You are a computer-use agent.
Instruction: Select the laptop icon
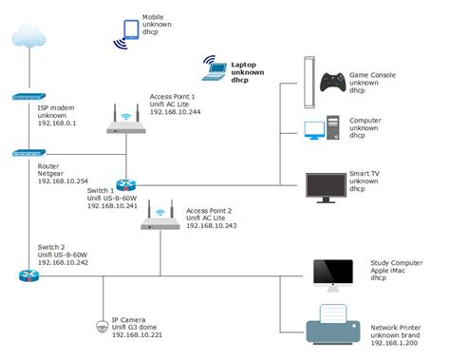coord(212,66)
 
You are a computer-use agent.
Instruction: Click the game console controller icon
coord(333,83)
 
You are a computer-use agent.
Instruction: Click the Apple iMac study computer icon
coord(332,275)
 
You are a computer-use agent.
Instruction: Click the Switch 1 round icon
coord(127,185)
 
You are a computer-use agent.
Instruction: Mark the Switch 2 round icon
coord(27,275)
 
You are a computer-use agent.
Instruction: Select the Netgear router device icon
coord(28,152)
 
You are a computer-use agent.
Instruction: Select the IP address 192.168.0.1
coord(58,123)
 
